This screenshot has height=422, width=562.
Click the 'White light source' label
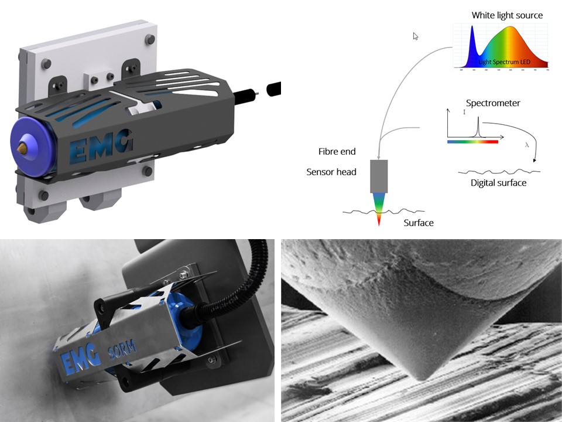[507, 15]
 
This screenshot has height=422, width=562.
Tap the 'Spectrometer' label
[493, 103]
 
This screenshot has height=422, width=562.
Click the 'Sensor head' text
[331, 172]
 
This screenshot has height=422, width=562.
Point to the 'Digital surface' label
[498, 183]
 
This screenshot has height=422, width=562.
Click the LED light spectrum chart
[501, 46]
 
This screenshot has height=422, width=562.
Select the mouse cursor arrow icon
[416, 36]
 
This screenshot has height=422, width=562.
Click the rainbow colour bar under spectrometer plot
[472, 141]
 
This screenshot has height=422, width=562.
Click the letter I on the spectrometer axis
[464, 112]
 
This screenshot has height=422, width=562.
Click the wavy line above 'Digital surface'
[499, 171]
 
